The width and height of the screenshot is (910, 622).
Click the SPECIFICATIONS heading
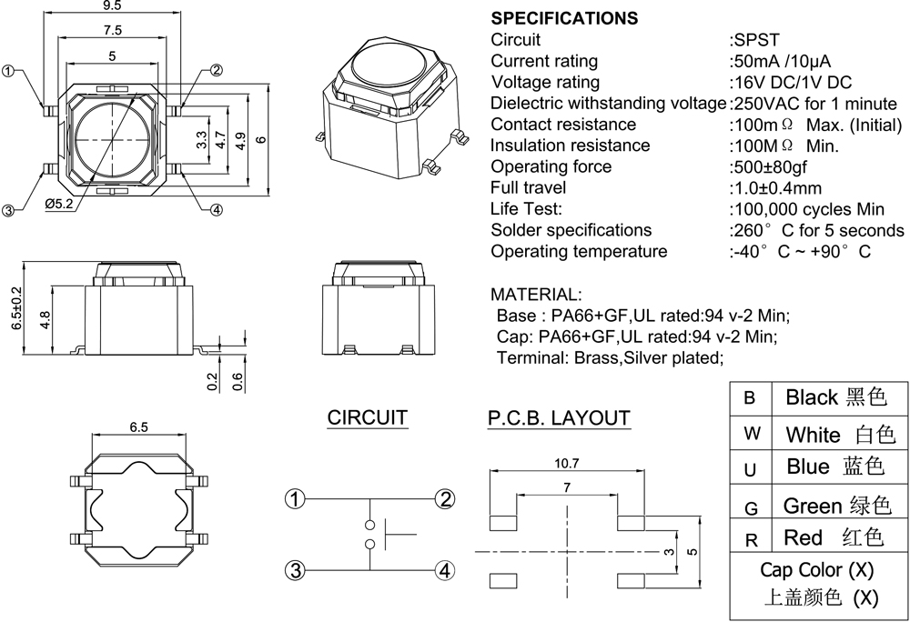pyautogui.click(x=564, y=18)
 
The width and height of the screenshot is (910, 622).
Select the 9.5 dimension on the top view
pyautogui.click(x=113, y=6)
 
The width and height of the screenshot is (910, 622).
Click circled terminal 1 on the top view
pyautogui.click(x=10, y=71)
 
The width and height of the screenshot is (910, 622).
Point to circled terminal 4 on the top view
pyautogui.click(x=217, y=211)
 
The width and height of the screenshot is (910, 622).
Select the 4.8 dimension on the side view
pyautogui.click(x=45, y=319)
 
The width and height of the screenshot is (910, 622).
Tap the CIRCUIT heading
pyautogui.click(x=368, y=418)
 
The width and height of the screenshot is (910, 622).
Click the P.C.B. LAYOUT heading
pyautogui.click(x=559, y=418)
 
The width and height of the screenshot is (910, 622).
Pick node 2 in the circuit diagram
pyautogui.click(x=445, y=498)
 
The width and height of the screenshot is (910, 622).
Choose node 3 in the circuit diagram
pyautogui.click(x=295, y=570)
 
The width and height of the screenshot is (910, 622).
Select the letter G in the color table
pyautogui.click(x=751, y=506)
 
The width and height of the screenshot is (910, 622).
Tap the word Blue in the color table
pyautogui.click(x=808, y=467)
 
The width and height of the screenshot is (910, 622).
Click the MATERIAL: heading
pyautogui.click(x=534, y=295)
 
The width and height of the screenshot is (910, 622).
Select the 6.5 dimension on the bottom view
pyautogui.click(x=139, y=426)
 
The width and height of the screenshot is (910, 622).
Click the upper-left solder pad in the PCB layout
pyautogui.click(x=502, y=522)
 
